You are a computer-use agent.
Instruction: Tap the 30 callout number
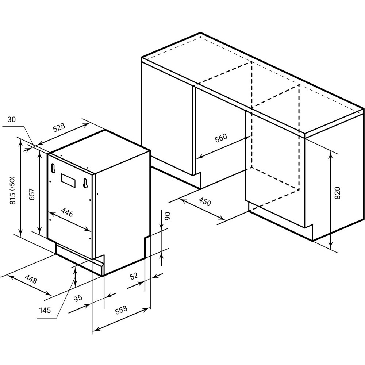pos(12,119)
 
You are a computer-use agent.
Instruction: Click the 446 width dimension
pos(67,212)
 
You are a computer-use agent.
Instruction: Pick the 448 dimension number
pos(31,279)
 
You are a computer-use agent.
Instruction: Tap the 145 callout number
pos(45,310)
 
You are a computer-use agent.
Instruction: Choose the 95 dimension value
pos(78,298)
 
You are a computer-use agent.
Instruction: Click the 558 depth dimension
pos(121,310)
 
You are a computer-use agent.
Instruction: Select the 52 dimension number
pos(134,276)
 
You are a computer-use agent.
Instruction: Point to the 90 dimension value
pos(168,216)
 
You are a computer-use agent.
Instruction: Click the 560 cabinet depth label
pos(221,138)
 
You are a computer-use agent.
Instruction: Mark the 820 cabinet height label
pos(337,193)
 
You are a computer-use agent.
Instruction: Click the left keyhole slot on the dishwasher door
pos(53,168)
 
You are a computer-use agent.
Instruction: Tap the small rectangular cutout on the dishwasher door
pos(68,180)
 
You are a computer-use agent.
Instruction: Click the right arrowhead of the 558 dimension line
pos(146,310)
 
